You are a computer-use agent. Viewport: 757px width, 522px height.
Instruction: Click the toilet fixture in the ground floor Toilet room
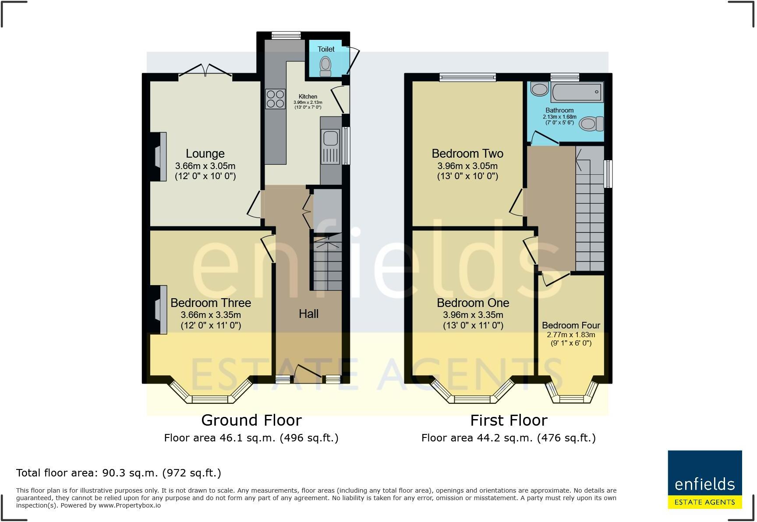tap(325, 67)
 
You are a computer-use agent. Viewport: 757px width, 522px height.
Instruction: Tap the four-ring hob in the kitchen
tap(275, 99)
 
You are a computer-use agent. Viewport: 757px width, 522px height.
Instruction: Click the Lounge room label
tap(205, 154)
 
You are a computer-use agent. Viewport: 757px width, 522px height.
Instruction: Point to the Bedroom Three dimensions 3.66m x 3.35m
tap(211, 315)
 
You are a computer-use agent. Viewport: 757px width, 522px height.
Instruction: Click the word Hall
tap(308, 314)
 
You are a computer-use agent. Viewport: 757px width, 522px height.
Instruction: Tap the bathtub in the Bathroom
tap(576, 92)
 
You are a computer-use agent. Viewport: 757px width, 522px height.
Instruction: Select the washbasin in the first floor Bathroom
tap(539, 90)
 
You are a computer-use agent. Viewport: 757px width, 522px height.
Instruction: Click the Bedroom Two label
tap(467, 154)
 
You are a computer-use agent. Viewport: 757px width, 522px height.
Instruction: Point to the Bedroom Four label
tap(571, 325)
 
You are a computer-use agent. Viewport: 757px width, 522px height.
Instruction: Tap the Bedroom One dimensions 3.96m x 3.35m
tap(473, 315)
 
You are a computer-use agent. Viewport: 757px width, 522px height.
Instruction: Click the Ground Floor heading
tap(251, 420)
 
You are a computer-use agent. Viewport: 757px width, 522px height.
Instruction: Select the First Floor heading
tap(509, 420)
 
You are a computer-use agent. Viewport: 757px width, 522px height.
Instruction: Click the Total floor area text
tap(118, 473)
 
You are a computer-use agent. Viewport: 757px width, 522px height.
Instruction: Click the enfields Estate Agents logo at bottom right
tap(704, 480)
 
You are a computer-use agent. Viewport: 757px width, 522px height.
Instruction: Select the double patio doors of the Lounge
tap(205, 71)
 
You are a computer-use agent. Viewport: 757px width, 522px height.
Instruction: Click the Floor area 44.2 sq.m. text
tap(508, 438)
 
